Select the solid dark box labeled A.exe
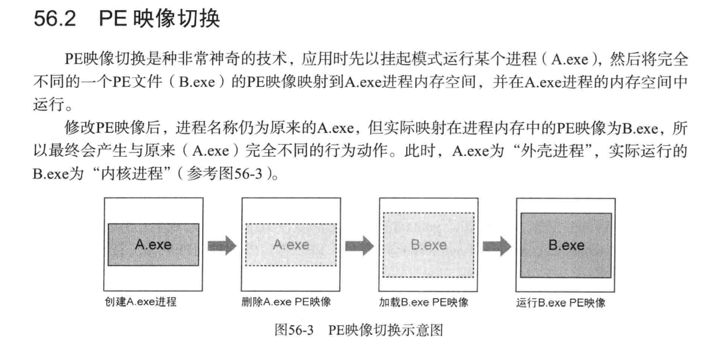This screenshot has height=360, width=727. [x=153, y=245]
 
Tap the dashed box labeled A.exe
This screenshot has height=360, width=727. [x=291, y=245]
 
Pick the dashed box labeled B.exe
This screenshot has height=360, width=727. [x=428, y=245]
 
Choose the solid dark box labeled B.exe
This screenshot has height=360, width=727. [x=566, y=245]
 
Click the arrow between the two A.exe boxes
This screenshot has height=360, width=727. [x=222, y=245]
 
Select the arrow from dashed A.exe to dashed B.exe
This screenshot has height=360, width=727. [x=359, y=245]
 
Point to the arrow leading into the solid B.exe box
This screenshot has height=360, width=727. [x=497, y=245]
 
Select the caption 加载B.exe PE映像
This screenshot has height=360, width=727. [x=423, y=302]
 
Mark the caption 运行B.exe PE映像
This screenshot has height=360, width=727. [x=561, y=303]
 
